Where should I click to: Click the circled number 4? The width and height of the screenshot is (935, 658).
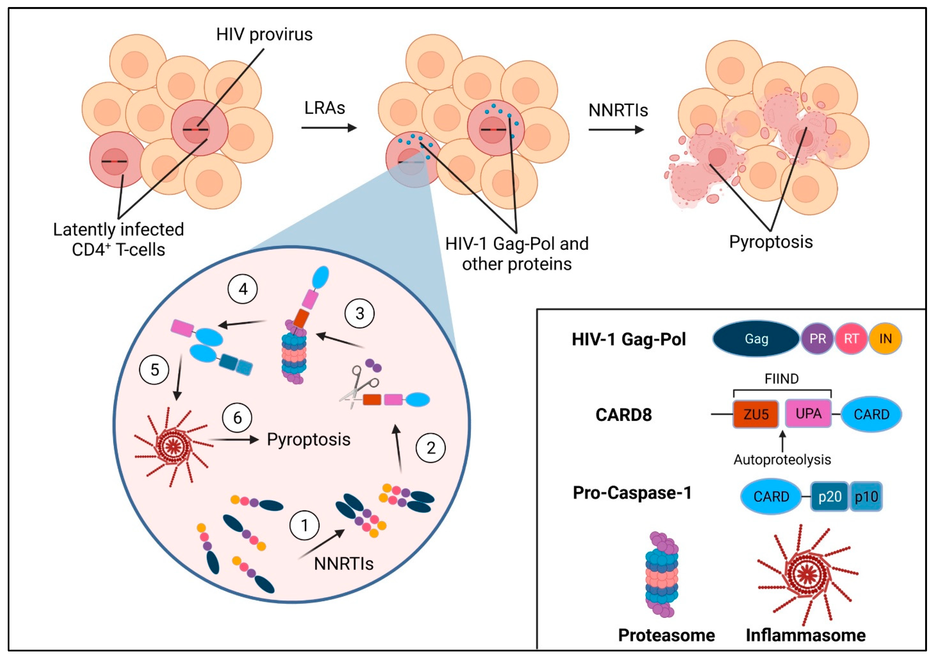point(243,289)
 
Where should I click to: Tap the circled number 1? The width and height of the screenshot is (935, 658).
point(304,525)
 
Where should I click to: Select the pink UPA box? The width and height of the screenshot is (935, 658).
point(808,414)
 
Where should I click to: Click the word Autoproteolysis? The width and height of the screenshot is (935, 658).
point(782,460)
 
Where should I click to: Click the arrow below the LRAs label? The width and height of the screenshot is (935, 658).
point(329,128)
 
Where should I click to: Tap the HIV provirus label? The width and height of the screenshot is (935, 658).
point(264,35)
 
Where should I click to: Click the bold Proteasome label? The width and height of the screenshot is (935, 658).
point(666,635)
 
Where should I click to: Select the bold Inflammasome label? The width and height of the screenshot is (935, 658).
point(805,635)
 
